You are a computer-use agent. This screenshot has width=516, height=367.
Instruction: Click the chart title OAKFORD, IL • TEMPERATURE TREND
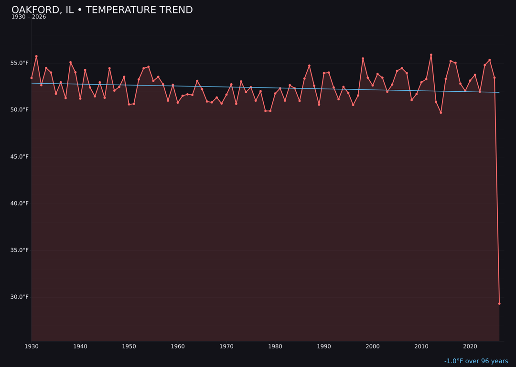102,10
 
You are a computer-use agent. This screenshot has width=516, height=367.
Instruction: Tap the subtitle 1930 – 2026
29,17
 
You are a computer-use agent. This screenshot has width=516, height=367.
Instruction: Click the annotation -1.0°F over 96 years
476,361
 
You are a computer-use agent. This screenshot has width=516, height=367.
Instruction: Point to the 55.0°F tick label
20,63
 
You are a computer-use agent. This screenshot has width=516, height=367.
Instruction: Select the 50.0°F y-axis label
20,110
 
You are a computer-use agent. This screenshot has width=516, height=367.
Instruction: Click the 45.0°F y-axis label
20,157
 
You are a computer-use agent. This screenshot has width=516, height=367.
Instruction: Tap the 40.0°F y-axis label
20,204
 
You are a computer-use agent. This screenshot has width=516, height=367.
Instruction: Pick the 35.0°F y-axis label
20,250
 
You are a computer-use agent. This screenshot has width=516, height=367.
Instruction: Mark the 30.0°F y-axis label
20,297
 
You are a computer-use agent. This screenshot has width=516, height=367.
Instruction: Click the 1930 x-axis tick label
32,346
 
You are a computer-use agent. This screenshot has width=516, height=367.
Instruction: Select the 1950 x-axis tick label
129,346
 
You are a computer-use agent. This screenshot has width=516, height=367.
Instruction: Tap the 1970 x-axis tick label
226,346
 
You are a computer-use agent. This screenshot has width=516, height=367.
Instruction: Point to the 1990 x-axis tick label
324,346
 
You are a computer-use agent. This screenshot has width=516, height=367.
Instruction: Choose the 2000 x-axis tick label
373,346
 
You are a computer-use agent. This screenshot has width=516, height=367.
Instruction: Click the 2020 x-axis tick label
470,346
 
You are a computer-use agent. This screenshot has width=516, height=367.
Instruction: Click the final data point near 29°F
499,303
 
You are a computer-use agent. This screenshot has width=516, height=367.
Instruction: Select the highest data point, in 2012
431,55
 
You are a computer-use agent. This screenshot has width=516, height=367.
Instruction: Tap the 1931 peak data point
36,56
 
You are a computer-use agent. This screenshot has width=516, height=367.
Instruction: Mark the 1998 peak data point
363,59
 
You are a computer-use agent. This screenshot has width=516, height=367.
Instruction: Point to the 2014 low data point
441,112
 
